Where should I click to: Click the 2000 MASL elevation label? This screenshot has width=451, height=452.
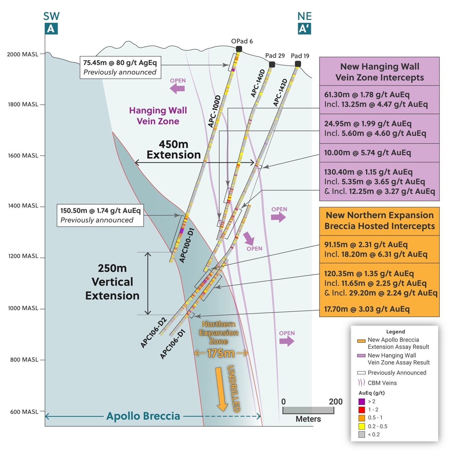click(x=23, y=54)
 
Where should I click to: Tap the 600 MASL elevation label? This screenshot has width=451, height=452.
click(x=24, y=412)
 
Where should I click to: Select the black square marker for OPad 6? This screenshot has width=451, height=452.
click(x=239, y=49)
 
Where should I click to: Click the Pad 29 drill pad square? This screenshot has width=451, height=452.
click(x=272, y=64)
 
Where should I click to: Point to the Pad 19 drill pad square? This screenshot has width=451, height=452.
click(x=298, y=64)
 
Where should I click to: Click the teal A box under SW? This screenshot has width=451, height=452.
click(x=51, y=29)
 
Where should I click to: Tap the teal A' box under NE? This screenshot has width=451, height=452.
click(x=304, y=29)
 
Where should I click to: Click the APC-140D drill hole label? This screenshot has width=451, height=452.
click(x=258, y=83)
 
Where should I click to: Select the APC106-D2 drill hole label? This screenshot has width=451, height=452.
click(x=154, y=333)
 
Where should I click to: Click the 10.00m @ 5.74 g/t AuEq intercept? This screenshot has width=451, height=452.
click(x=367, y=153)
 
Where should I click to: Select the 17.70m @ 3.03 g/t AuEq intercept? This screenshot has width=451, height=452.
click(x=367, y=309)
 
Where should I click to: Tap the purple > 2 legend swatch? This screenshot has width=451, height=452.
click(x=362, y=401)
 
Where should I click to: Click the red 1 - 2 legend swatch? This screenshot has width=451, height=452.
click(x=362, y=410)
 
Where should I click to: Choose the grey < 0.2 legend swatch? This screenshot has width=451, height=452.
click(x=362, y=435)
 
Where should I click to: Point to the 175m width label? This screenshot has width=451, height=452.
click(x=221, y=354)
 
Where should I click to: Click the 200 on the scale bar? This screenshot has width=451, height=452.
click(x=336, y=401)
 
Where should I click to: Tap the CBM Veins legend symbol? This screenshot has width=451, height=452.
click(x=361, y=383)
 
